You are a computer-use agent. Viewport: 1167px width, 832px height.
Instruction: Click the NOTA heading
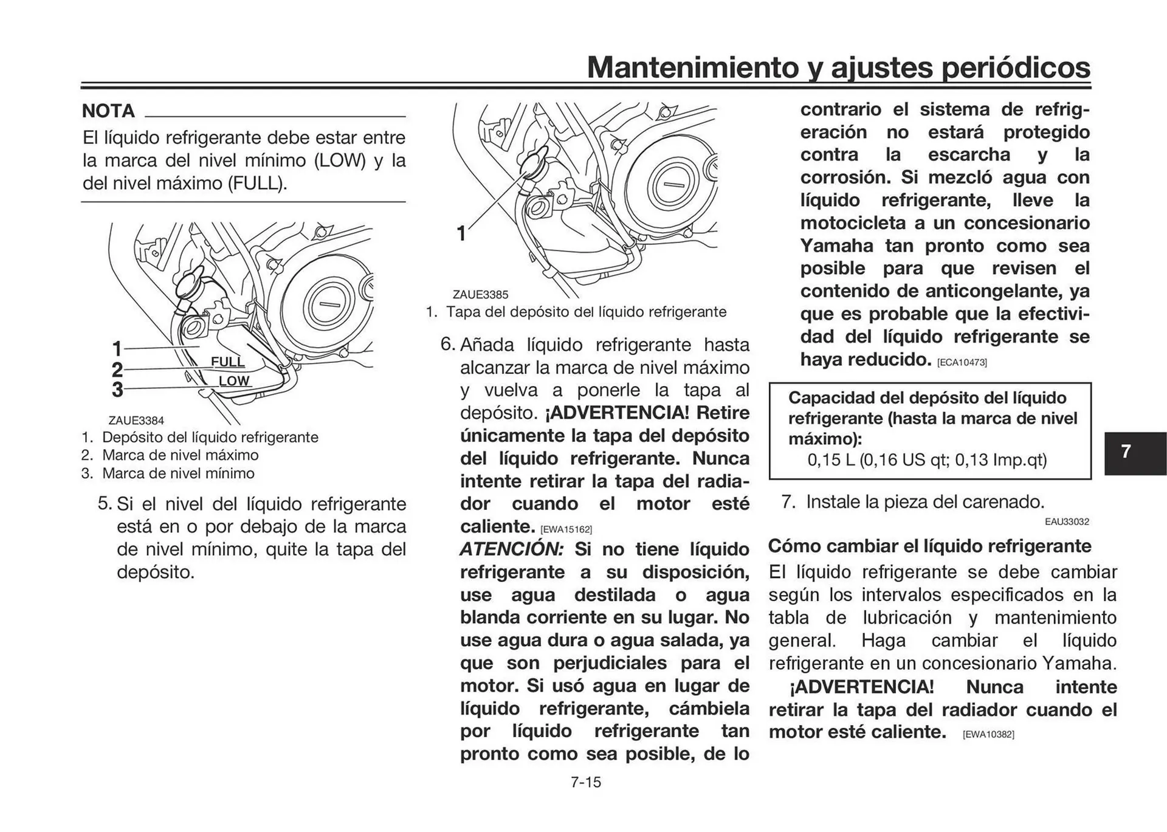click(108, 111)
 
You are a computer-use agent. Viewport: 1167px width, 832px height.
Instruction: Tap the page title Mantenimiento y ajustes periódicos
click(838, 67)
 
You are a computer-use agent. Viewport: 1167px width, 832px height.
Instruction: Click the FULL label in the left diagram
click(227, 362)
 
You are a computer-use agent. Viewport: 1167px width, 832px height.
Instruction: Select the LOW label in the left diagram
click(234, 381)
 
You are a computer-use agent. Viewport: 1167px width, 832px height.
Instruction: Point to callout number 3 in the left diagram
click(117, 390)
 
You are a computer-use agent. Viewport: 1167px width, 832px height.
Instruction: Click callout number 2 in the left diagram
click(117, 370)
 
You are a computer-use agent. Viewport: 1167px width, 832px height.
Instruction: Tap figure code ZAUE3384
click(136, 421)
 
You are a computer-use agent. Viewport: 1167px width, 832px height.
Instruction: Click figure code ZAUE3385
click(480, 295)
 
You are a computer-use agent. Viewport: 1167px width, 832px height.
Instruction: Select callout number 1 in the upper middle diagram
click(461, 233)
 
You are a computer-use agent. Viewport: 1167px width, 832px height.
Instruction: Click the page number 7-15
click(585, 782)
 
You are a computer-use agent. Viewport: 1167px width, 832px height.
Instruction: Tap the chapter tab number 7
click(1126, 452)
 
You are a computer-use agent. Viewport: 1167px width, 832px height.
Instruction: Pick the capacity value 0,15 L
click(831, 459)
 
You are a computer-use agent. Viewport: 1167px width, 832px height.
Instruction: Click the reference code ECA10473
click(962, 363)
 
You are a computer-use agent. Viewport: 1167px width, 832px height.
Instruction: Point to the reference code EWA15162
click(566, 529)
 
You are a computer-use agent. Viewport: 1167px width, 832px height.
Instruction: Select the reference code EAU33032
click(1067, 522)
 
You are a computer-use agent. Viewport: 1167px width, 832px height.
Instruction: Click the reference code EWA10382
click(988, 735)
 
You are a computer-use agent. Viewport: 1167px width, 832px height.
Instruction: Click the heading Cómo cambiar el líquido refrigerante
click(929, 546)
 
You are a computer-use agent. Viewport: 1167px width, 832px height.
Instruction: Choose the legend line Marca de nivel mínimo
click(177, 473)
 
